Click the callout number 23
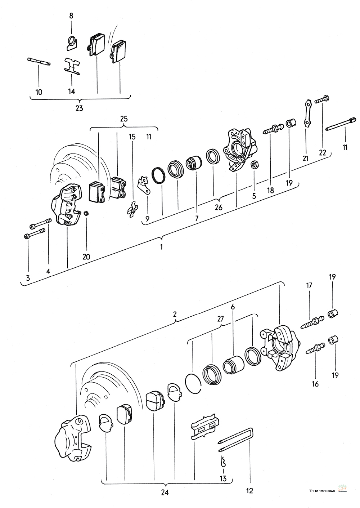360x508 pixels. click(x=79, y=108)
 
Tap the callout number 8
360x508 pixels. click(x=71, y=16)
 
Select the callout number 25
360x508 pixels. click(x=124, y=119)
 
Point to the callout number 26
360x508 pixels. click(x=219, y=207)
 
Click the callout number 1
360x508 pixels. click(x=162, y=247)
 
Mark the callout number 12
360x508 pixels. click(x=249, y=490)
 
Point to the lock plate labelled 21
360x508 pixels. click(x=306, y=114)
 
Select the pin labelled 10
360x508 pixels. click(x=39, y=63)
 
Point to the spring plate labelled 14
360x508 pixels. click(x=72, y=66)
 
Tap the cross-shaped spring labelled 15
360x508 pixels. click(x=132, y=209)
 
